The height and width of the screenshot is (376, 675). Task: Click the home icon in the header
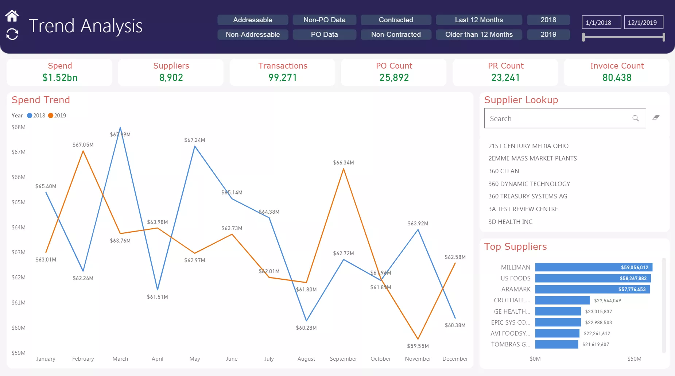click(12, 16)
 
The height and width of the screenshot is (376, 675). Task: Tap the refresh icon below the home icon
click(12, 34)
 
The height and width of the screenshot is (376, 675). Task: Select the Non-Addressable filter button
click(253, 34)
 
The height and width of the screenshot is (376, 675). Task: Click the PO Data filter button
click(324, 34)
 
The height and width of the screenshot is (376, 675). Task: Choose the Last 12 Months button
click(478, 20)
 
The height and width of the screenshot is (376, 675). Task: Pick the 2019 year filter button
click(548, 34)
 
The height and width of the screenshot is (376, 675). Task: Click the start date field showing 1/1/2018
click(601, 22)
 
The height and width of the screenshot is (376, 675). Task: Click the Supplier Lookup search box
click(558, 118)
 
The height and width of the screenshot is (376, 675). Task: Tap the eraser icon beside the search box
click(656, 117)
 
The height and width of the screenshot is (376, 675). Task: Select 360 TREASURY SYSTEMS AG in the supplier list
click(528, 196)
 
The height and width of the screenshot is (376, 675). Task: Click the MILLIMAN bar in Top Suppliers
click(593, 267)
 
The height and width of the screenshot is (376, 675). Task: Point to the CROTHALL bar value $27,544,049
click(607, 301)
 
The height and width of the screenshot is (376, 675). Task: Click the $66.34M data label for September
click(343, 163)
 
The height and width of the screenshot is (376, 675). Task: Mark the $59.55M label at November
click(418, 346)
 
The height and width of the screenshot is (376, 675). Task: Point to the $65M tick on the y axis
click(19, 202)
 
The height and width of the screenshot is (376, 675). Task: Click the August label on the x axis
click(306, 359)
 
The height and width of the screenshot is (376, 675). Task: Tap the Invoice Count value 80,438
click(617, 77)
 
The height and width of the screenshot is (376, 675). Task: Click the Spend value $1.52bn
click(60, 77)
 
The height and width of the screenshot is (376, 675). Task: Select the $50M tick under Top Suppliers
click(634, 359)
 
